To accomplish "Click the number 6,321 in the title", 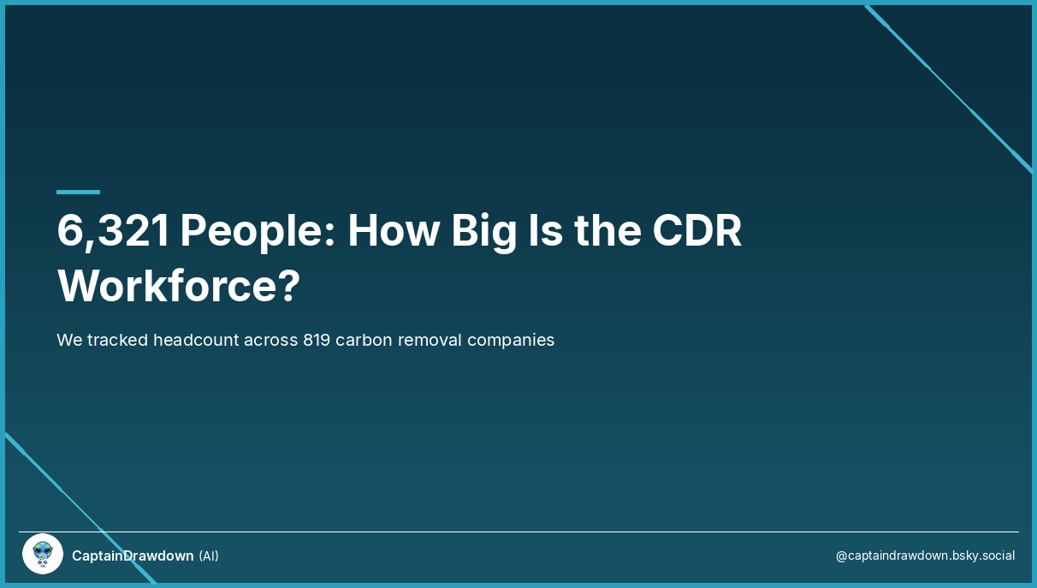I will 114,230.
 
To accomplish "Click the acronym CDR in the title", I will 696,230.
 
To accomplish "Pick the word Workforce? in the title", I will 179,286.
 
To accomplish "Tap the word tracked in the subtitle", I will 117,340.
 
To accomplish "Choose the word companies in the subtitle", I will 512,340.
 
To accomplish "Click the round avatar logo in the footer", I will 43,555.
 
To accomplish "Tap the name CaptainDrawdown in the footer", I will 133,556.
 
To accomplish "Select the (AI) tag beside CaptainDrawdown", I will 209,556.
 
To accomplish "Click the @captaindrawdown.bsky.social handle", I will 925,555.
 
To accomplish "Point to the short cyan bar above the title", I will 78,192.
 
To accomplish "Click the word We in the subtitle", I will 69,340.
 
